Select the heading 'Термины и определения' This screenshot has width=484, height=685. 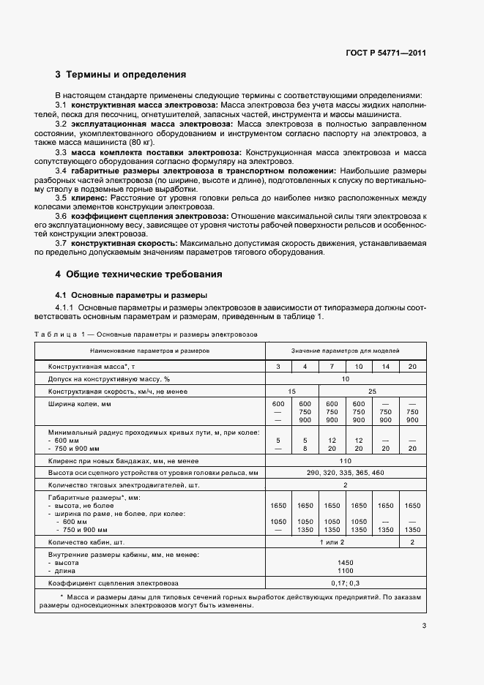pos(126,75)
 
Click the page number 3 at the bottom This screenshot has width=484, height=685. pos(424,625)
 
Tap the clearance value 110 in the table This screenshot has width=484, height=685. pos(346,460)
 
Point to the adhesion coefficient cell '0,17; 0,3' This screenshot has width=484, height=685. pos(346,583)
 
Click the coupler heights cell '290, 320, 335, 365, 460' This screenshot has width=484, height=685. pos(346,473)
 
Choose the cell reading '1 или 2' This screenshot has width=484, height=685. pos(332,542)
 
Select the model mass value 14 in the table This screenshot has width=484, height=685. pos(385,366)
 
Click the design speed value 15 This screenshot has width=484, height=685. pos(291,392)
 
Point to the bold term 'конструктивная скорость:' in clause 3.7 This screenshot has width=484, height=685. pos(122,242)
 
